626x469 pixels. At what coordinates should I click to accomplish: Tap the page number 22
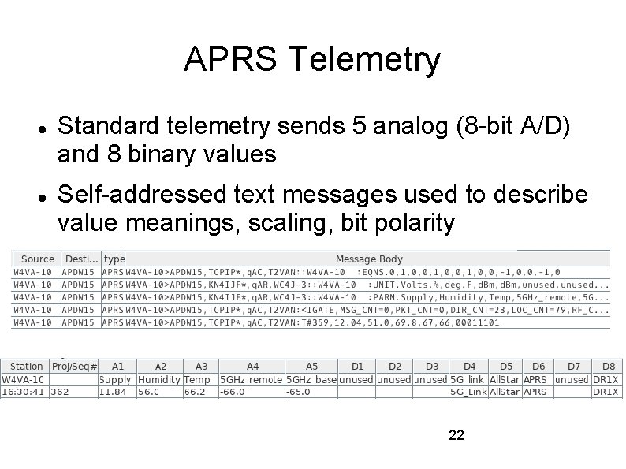point(456,434)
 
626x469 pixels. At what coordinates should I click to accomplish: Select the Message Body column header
point(368,259)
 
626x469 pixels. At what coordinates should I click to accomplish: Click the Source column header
point(38,259)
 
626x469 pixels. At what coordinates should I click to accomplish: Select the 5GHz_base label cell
point(311,379)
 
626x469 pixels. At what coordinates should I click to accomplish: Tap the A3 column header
point(201,367)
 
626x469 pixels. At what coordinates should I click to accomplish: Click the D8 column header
point(608,367)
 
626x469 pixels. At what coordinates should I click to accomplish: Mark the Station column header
point(27,367)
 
